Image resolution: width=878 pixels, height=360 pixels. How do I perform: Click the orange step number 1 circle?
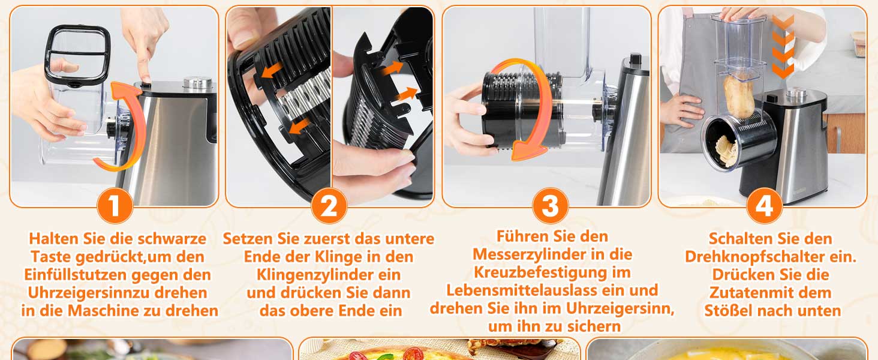[115, 205]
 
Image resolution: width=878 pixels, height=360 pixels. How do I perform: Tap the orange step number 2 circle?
[329, 205]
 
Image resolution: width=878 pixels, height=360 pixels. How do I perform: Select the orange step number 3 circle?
[551, 205]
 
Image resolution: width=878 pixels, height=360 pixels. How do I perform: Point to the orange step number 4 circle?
[764, 205]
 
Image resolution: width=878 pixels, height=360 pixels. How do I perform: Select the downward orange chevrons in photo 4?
[783, 46]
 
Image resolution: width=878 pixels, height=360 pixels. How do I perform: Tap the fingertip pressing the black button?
[145, 77]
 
